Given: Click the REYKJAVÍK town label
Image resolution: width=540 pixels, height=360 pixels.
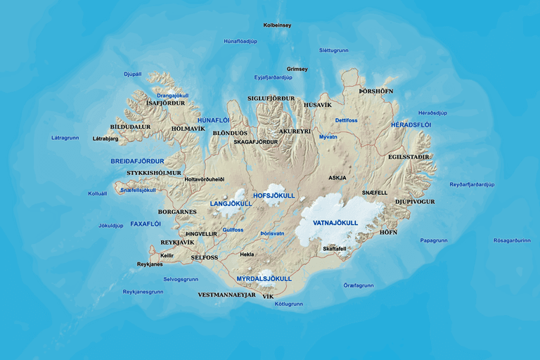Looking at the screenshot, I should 176,243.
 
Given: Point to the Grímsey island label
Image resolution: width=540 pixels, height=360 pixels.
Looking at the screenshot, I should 297,69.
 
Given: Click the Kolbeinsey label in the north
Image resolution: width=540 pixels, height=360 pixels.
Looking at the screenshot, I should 277,25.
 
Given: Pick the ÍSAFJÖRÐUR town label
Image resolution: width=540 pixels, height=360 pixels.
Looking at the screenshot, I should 165,103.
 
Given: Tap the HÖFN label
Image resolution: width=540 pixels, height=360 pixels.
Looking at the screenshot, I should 388,232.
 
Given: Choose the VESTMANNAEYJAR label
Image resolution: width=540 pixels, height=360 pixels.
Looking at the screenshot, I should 226,295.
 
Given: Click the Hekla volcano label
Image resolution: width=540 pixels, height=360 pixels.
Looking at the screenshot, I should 247,255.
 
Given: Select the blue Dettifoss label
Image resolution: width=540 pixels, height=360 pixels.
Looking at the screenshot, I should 346,120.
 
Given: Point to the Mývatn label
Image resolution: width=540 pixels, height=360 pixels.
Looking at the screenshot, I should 328,137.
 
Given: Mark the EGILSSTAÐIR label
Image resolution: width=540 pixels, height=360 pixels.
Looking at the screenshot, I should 409,157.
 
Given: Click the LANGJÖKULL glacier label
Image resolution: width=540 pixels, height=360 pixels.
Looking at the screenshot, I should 231,204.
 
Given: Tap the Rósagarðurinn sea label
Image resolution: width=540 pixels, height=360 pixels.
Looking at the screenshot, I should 512,240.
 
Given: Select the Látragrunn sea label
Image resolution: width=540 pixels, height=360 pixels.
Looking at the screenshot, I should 65,138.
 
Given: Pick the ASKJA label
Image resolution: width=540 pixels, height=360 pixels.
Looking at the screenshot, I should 337,178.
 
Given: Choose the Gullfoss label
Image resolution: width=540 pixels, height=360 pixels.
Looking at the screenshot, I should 233,229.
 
